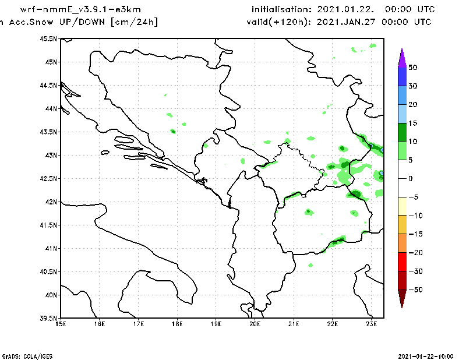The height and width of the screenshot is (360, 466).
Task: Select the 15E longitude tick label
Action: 60,323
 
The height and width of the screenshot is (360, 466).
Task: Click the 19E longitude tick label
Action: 216,323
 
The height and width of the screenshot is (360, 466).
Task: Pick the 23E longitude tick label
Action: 372,323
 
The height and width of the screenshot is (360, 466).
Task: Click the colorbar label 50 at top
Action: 412,68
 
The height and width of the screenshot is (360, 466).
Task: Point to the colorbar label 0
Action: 410,178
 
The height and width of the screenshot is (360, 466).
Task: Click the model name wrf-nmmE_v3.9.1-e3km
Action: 80,10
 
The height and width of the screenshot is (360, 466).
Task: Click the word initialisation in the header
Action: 281,10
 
